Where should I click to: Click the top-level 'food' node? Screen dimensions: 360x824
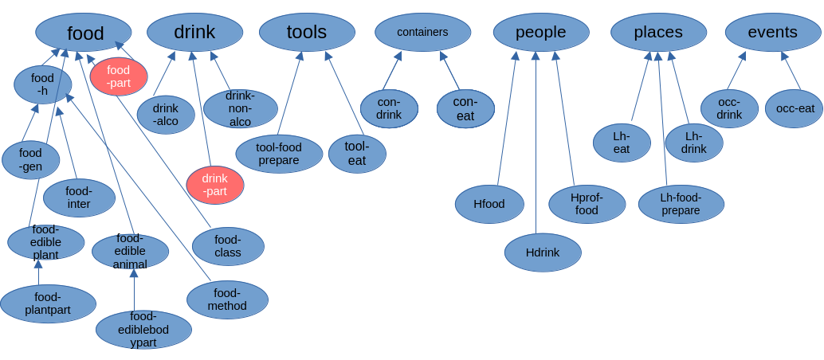click(84, 33)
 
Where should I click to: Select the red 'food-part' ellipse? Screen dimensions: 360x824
click(119, 76)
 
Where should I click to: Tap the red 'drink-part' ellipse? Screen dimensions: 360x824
click(215, 185)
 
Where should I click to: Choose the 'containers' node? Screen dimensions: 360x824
click(422, 33)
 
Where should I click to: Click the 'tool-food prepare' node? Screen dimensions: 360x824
click(279, 154)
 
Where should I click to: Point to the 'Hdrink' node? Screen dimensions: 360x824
click(543, 252)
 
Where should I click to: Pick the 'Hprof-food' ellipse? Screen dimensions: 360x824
click(587, 204)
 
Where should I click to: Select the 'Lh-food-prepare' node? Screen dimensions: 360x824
click(681, 204)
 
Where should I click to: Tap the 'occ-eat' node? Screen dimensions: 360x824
click(794, 108)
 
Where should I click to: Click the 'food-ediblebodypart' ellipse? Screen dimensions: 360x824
click(143, 329)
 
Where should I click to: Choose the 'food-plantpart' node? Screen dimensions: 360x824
click(48, 303)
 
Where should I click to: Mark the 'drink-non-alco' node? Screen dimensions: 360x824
click(241, 109)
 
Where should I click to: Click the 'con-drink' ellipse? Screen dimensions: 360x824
click(389, 108)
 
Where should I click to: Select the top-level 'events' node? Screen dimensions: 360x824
click(773, 33)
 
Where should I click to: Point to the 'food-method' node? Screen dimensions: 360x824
click(227, 299)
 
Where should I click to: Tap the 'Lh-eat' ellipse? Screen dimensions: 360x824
click(622, 143)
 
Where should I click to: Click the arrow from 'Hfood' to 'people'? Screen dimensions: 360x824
click(507, 119)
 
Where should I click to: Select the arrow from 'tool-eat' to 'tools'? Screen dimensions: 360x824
click(344, 93)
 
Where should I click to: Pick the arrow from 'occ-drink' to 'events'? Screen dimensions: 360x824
click(736, 72)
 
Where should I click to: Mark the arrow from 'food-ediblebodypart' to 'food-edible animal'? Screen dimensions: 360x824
click(134, 290)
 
